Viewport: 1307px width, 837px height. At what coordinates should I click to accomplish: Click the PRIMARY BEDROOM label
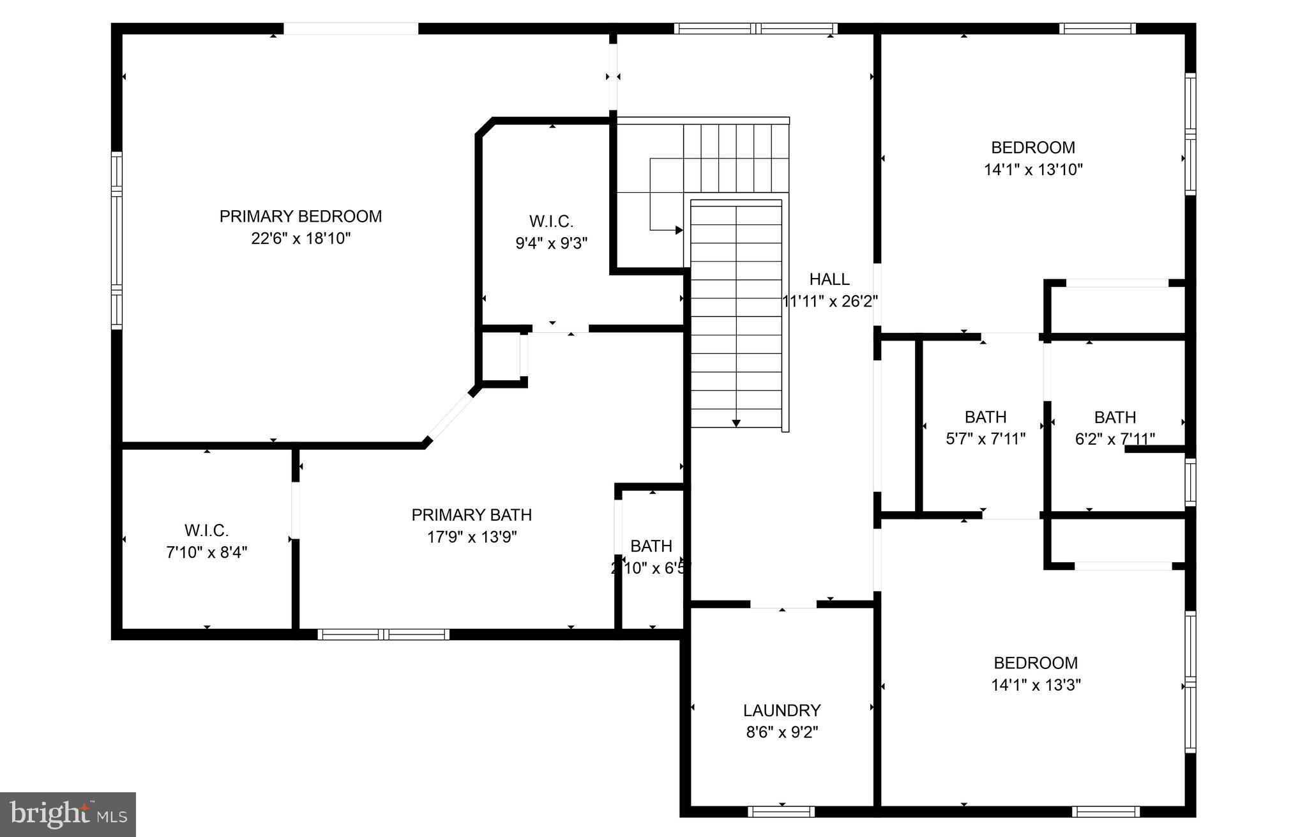coord(301,217)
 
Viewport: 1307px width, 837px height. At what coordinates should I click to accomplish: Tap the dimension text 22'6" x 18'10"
coord(301,239)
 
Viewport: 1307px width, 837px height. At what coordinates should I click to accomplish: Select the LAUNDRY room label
coord(782,710)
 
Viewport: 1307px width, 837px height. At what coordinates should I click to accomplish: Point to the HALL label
coord(829,279)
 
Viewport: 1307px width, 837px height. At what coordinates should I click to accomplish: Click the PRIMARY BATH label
coord(471,515)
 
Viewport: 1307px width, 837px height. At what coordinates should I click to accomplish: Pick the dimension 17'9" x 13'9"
coord(471,537)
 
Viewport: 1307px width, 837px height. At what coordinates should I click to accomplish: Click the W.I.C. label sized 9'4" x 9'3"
coord(551,222)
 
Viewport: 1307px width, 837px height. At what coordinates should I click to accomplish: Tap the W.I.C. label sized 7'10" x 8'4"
coord(206,530)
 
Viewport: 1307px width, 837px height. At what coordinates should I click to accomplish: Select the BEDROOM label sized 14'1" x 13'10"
coord(1032,148)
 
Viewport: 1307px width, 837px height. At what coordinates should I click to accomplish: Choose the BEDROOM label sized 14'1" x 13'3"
coord(1035,663)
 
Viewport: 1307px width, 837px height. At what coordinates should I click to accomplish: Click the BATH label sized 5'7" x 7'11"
coord(985,417)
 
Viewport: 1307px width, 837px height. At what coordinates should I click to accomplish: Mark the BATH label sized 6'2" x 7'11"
coord(1115,417)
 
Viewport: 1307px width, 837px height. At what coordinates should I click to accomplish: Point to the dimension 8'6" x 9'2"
coord(782,732)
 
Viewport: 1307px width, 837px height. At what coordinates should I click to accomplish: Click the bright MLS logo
coord(68,814)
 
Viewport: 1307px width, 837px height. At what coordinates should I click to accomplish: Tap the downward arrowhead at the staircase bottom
coord(736,423)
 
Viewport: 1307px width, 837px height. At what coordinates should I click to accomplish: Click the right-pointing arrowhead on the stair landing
coord(679,230)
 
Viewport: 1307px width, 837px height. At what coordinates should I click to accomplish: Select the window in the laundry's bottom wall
coord(782,812)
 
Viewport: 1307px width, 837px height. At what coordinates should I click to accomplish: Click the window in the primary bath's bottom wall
coord(383,634)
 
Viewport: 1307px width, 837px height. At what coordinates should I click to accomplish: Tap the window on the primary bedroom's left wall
coord(117,240)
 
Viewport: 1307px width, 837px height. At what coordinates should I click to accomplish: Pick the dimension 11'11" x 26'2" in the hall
coord(829,302)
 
